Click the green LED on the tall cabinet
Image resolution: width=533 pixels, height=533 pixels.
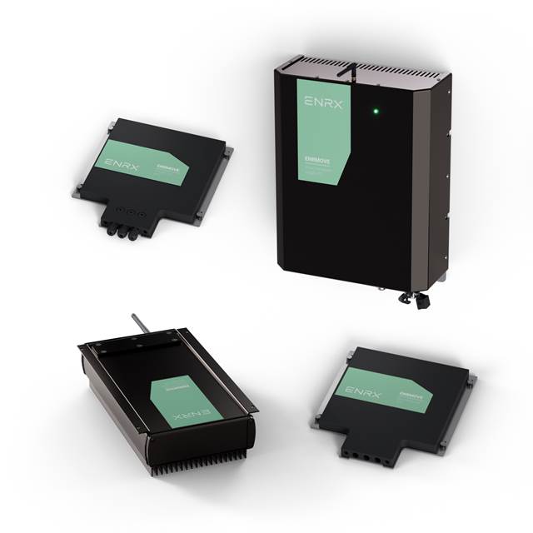[376, 109]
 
